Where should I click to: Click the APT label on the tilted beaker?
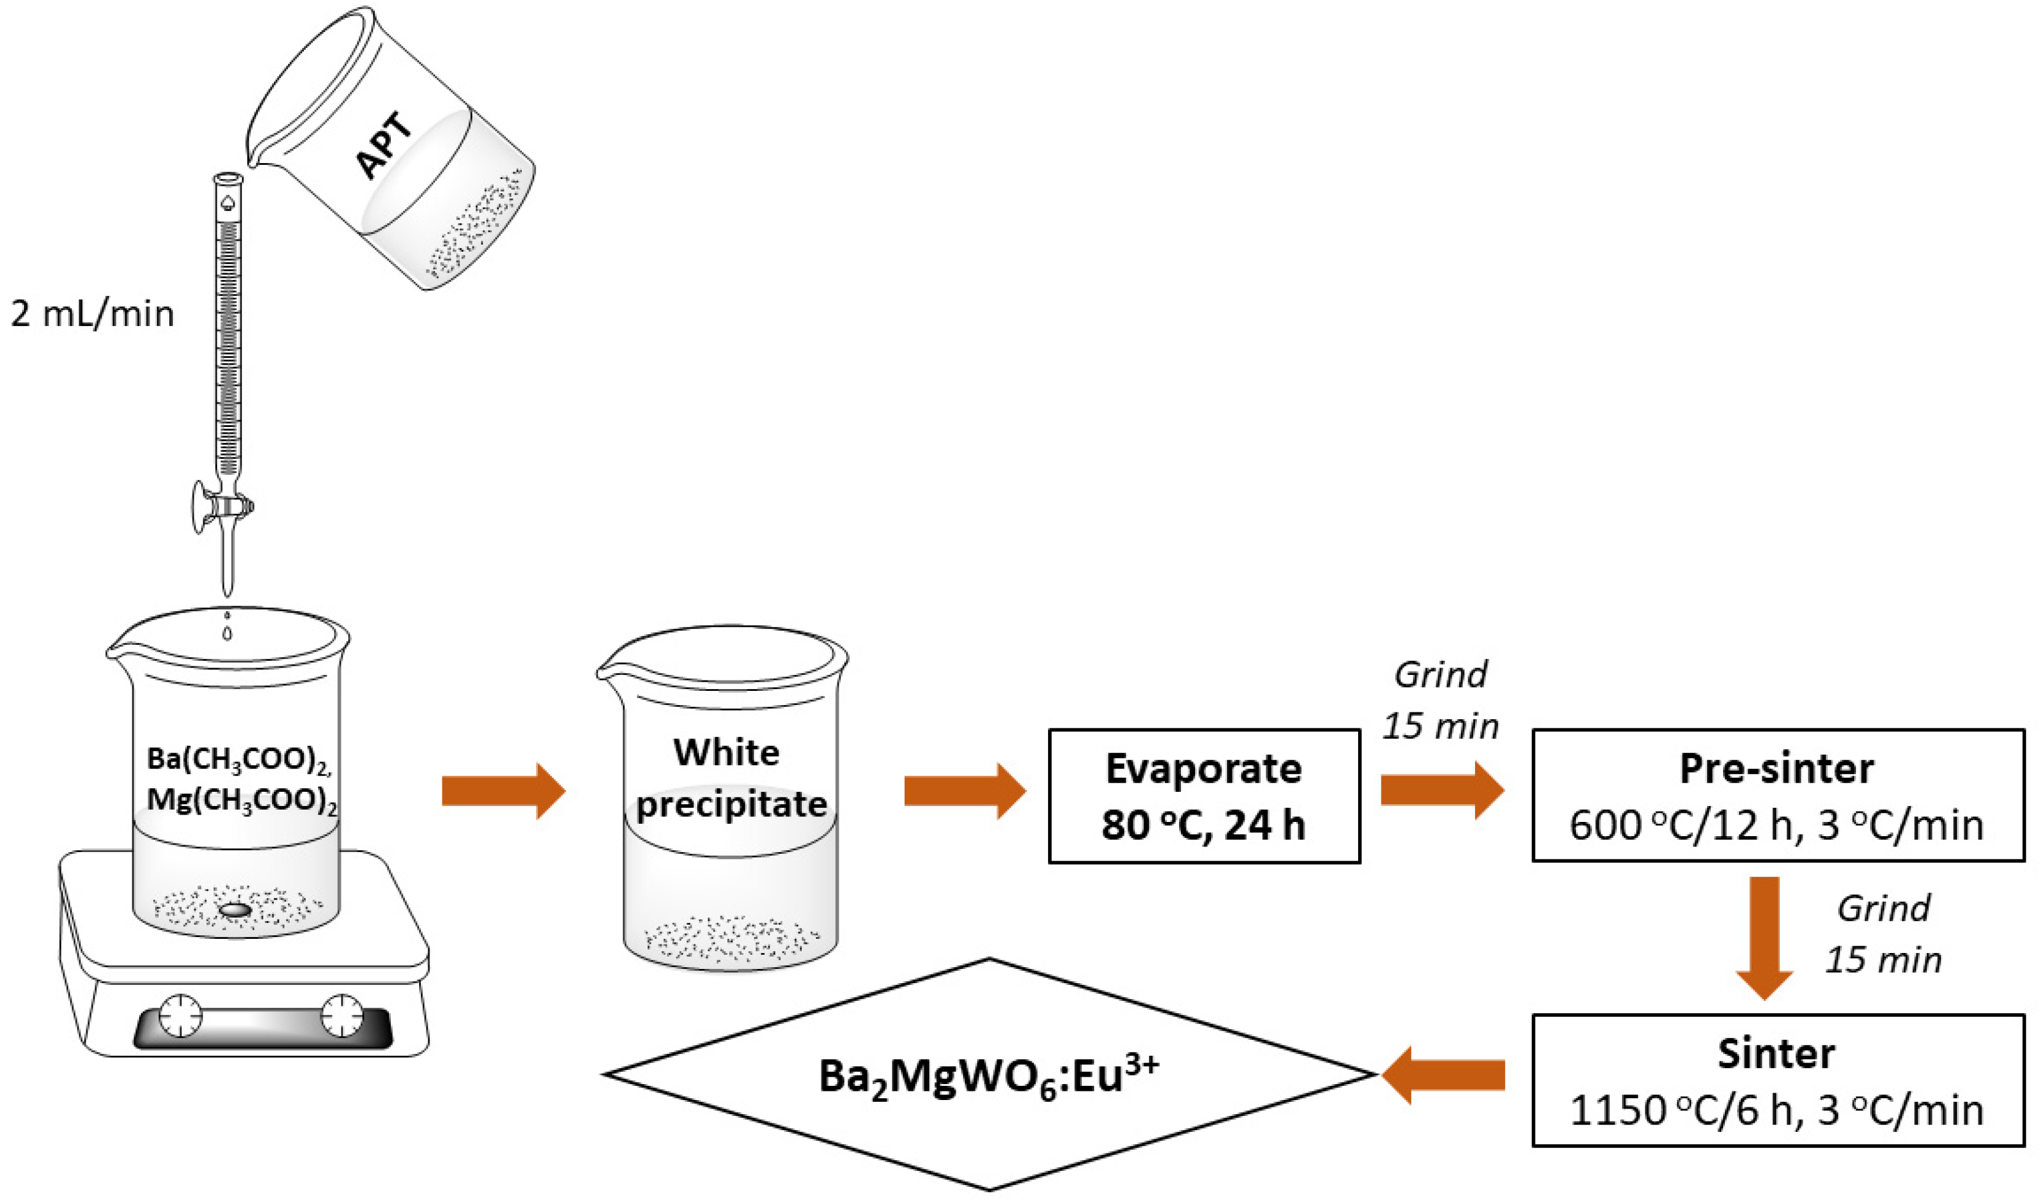point(385,146)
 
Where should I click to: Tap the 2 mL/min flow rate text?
point(92,314)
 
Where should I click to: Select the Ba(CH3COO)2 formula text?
point(239,759)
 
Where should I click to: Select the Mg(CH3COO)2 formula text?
point(242,800)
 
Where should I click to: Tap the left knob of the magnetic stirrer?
point(179,1015)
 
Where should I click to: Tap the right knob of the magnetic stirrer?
point(342,1015)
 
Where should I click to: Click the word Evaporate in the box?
point(1204,768)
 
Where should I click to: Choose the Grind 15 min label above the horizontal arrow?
point(1441,700)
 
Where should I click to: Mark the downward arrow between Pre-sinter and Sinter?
point(1764,937)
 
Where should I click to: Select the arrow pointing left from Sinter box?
point(1444,1075)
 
